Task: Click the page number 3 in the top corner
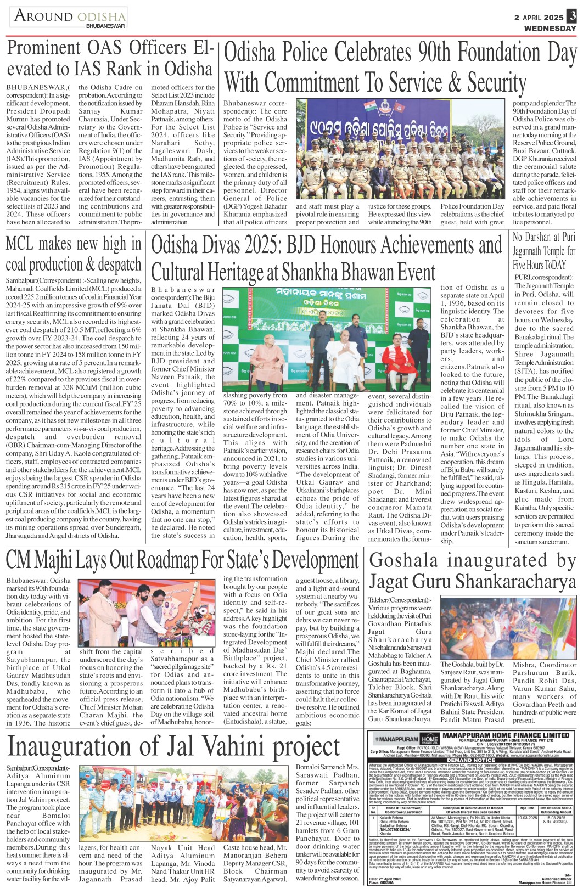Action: click(x=572, y=16)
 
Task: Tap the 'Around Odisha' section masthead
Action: click(x=70, y=17)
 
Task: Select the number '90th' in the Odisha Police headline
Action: click(x=439, y=53)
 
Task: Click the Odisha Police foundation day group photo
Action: click(x=400, y=149)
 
